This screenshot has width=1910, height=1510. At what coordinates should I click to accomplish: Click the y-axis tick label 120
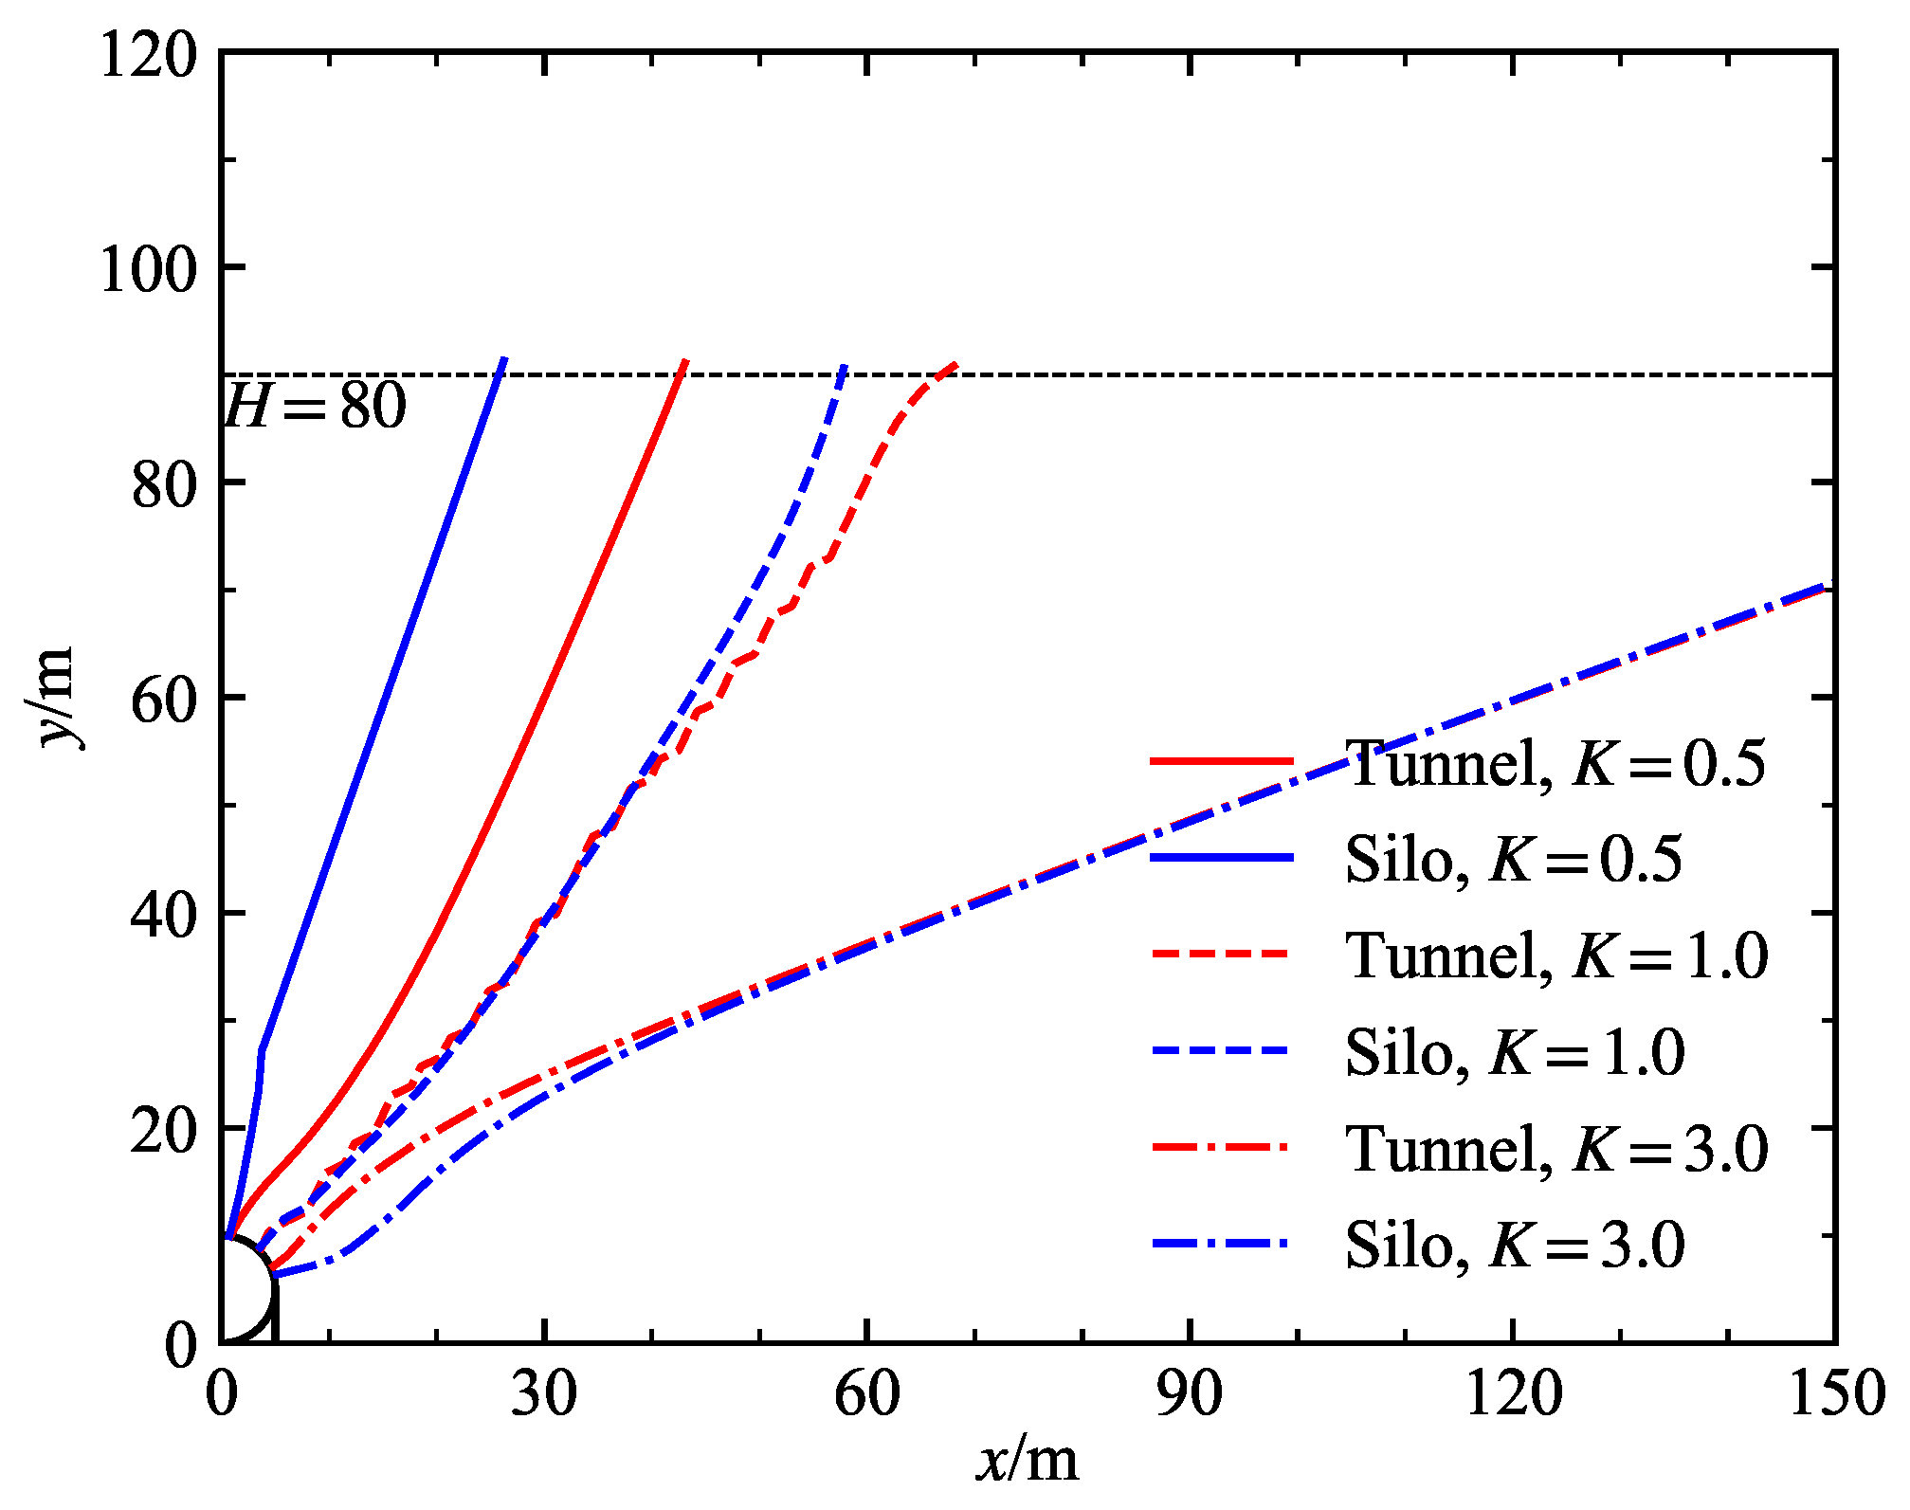coord(149,55)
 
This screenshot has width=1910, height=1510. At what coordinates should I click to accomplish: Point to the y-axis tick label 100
coord(149,269)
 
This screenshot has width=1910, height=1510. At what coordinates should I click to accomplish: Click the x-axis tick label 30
coord(543,1394)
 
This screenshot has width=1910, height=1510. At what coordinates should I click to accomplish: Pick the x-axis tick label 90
coord(1189,1394)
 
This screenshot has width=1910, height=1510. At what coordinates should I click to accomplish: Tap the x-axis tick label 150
coord(1835,1394)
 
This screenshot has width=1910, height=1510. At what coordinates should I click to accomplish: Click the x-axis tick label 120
coord(1512,1394)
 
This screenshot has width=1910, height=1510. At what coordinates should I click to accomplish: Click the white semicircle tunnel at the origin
coord(244,1292)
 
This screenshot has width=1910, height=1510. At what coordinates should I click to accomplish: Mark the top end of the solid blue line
coord(504,359)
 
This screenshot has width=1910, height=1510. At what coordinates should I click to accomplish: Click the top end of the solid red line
coord(685,361)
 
